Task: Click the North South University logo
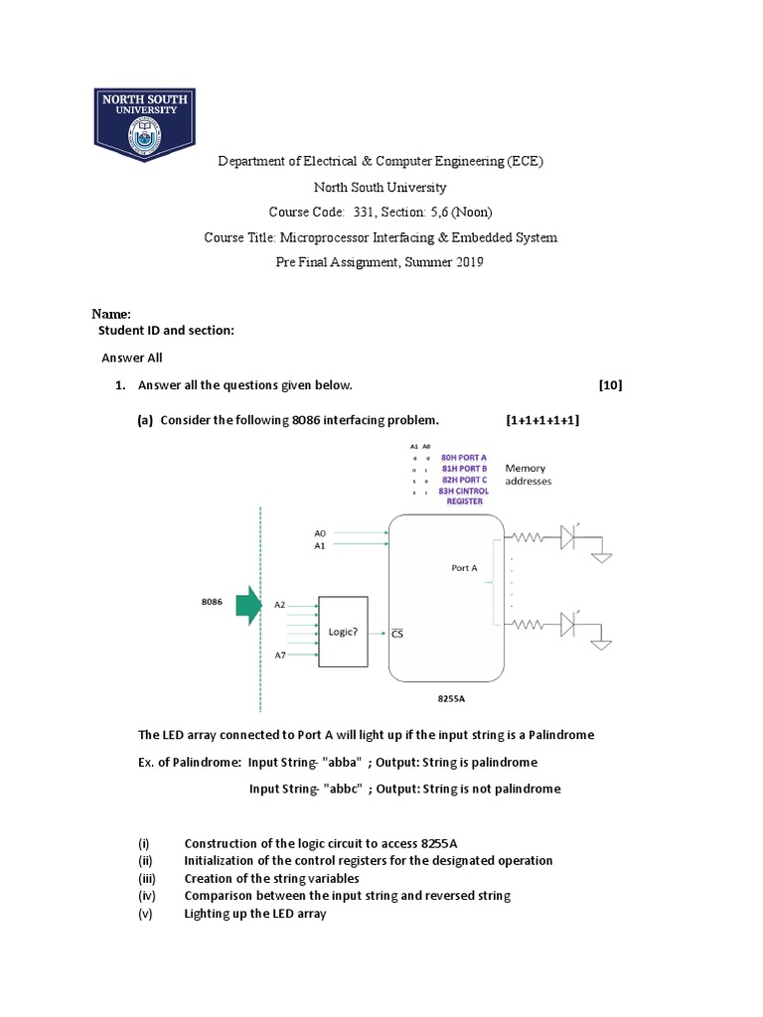[x=144, y=125]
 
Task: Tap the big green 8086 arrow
[x=245, y=605]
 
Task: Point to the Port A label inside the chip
[x=464, y=568]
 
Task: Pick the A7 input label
[x=280, y=655]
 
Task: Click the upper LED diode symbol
[x=568, y=537]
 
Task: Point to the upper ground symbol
[x=602, y=557]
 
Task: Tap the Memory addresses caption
[x=528, y=474]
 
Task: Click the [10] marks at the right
[x=610, y=385]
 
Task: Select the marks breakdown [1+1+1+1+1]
[x=542, y=420]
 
